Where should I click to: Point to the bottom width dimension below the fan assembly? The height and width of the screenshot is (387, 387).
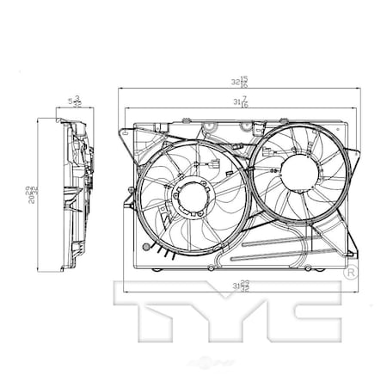coord(240,286)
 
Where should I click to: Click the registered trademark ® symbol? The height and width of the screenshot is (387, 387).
coord(351,272)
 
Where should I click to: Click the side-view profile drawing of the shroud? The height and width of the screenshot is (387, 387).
coord(73,193)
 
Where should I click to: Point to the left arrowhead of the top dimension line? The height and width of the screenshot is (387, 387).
coord(120,89)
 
